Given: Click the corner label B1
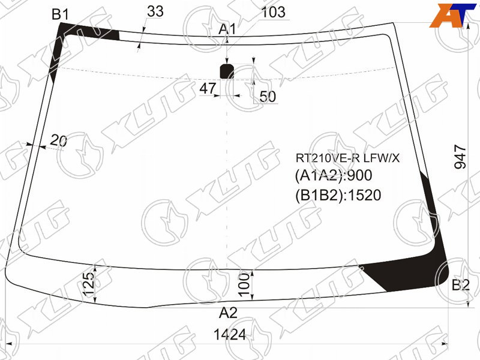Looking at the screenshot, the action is (60, 14).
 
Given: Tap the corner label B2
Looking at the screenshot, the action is (460, 286).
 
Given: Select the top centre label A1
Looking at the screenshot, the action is (227, 29).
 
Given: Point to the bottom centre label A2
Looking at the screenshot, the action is (229, 313).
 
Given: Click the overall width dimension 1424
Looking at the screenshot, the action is (230, 335).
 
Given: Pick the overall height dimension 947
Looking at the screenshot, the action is (460, 157).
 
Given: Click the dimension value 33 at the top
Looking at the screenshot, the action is (155, 11).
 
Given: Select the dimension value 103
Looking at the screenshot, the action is (273, 12).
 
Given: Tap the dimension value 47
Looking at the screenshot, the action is (208, 88).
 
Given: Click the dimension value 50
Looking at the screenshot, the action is (268, 97).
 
